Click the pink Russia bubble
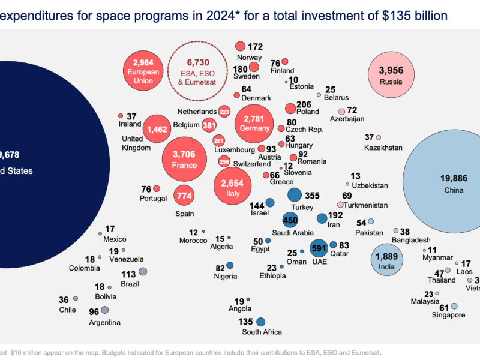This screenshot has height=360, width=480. click(x=391, y=76)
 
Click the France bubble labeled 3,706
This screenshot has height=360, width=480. click(x=184, y=159)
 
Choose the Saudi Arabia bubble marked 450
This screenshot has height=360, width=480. click(x=290, y=220)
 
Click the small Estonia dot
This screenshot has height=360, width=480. click(x=287, y=82)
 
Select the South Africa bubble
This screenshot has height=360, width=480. click(x=261, y=322)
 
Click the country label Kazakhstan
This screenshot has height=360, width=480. click(x=383, y=148)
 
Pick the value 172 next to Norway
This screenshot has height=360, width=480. click(x=256, y=46)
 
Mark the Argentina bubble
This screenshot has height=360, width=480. click(x=104, y=310)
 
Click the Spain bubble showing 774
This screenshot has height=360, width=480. click(x=184, y=196)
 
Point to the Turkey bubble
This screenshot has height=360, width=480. click(x=294, y=195)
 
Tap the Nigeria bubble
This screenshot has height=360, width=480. click(x=230, y=265)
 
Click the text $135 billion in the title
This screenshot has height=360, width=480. click(x=413, y=16)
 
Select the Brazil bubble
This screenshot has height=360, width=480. click(x=143, y=272)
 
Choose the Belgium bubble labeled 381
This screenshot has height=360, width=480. click(x=209, y=125)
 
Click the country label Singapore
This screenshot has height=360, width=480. click(x=449, y=315)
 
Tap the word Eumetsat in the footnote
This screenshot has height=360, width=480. click(x=364, y=353)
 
